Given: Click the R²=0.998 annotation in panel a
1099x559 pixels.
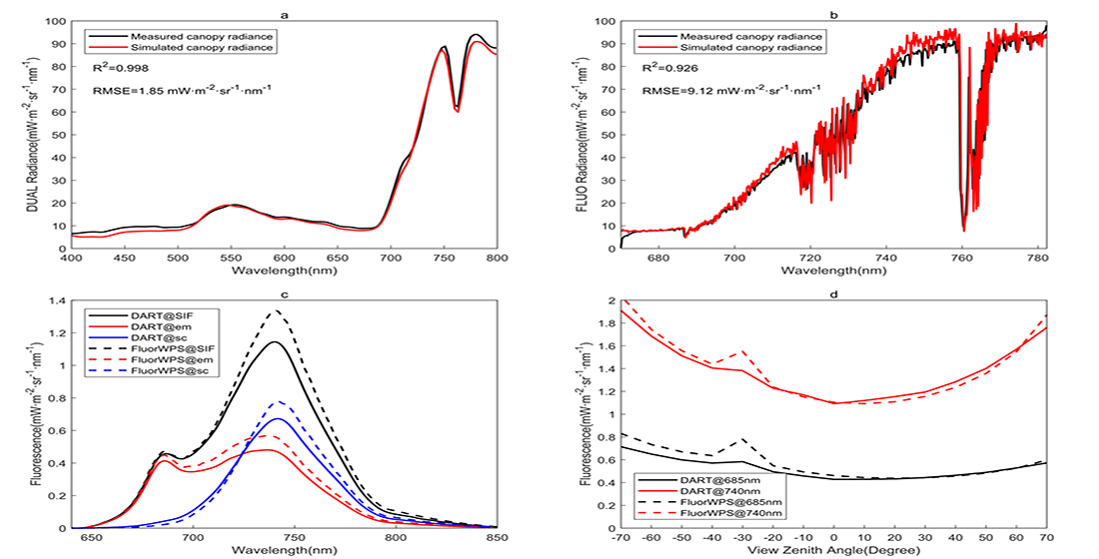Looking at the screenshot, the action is [x=121, y=68].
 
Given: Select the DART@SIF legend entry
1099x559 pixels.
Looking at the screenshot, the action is [x=152, y=316].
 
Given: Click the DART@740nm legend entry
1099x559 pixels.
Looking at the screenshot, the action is [x=709, y=491].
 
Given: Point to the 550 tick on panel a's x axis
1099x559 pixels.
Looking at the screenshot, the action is [x=231, y=259].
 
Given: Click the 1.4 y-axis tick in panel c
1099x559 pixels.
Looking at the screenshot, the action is [x=58, y=300].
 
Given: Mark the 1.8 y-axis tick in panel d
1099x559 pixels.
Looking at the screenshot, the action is [x=607, y=323].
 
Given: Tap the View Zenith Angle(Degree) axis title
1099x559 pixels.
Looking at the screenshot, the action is [x=833, y=550].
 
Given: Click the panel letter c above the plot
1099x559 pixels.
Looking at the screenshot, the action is [x=284, y=294].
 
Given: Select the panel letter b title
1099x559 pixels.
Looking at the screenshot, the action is [x=833, y=14].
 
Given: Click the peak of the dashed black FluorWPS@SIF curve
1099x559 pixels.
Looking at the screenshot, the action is [x=276, y=310].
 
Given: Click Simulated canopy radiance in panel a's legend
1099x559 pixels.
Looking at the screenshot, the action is [x=202, y=48].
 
